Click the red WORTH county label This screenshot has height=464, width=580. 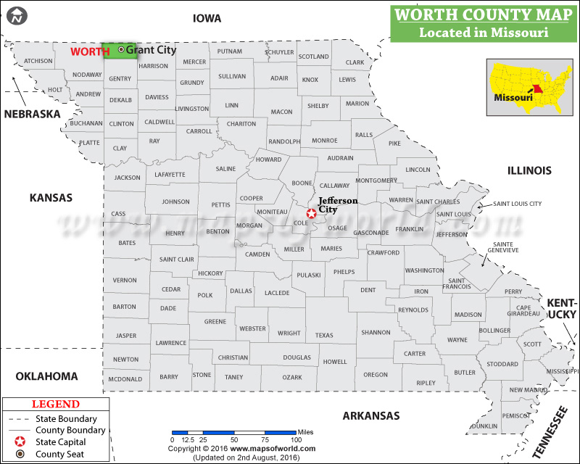point(90,51)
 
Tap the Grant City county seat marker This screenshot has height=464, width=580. point(120,49)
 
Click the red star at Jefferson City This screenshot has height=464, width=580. point(312,213)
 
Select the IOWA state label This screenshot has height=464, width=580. point(207,18)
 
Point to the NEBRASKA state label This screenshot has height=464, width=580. point(32,114)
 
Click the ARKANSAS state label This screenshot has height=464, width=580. point(371,415)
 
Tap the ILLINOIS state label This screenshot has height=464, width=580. point(529,170)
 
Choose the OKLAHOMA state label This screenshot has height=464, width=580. point(46,376)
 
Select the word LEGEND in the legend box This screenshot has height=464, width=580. point(56,405)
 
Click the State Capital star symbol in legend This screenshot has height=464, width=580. point(20,442)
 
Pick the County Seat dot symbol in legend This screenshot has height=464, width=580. point(20,454)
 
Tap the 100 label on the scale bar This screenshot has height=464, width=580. point(295,440)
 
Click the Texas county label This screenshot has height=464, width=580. point(324,335)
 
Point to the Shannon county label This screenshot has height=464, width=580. point(376,332)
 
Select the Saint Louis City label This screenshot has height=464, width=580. point(518,204)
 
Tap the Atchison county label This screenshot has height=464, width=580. point(38,61)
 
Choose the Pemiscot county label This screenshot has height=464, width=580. point(516,415)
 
